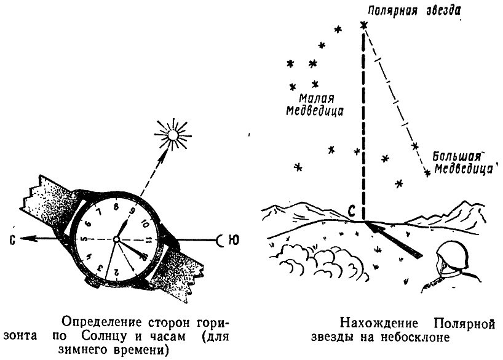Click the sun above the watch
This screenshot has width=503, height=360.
pos(173,135)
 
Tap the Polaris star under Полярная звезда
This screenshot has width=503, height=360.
pos(363,25)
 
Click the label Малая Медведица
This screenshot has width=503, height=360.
pos(314,105)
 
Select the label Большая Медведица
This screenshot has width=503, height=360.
pos(462,162)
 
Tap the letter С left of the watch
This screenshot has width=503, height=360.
pos(12,239)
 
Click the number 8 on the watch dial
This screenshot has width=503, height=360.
pos(116,207)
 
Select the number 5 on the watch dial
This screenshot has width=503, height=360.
pos(85,239)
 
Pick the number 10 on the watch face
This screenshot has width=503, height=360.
pos(144,223)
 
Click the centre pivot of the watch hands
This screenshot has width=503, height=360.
pos(116,239)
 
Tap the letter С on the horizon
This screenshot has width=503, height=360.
pos(352,211)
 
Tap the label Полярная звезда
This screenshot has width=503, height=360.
pos(414,10)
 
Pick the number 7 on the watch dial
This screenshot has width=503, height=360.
pos(99,212)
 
